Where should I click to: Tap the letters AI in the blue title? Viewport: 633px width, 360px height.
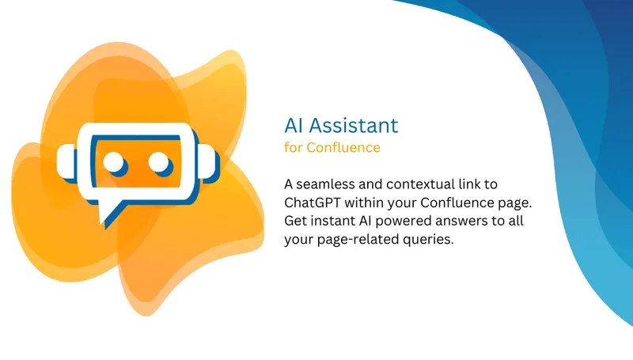pos(294,125)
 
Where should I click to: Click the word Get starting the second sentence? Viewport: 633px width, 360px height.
pos(295,220)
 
